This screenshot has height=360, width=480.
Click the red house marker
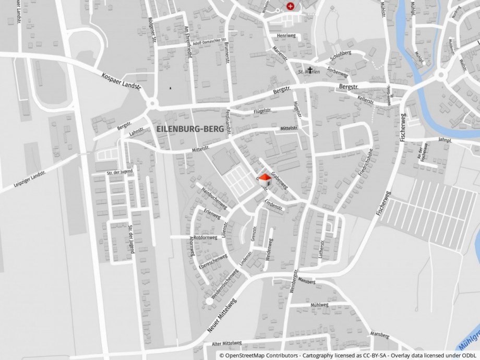(x=265, y=179)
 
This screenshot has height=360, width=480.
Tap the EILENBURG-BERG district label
(x=190, y=128)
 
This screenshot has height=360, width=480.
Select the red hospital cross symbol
(x=290, y=6)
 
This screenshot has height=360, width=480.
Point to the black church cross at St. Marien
(x=310, y=70)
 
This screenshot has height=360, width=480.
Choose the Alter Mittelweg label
(x=227, y=343)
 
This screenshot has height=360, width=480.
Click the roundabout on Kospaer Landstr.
(x=152, y=104)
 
